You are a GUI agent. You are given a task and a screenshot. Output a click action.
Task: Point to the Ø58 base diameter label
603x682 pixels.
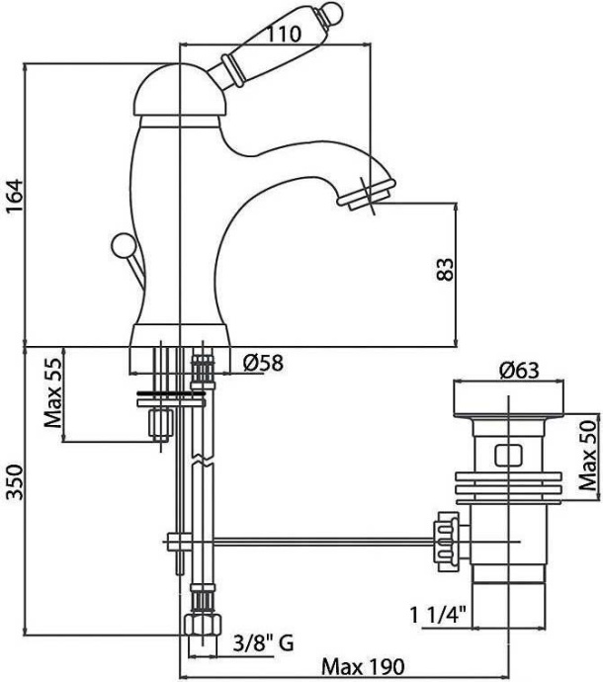[x=262, y=364]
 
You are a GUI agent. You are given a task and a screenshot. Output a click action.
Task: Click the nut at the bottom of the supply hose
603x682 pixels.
[x=202, y=626]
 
